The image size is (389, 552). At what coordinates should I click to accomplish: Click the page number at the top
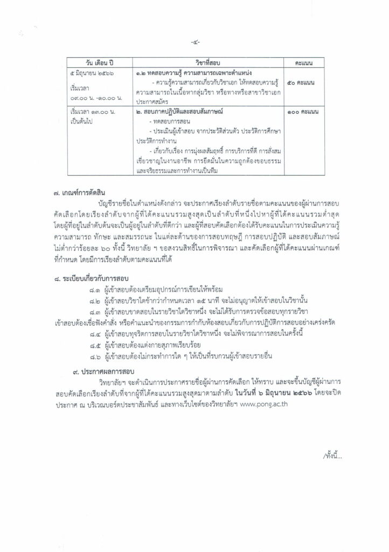(194, 42)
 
